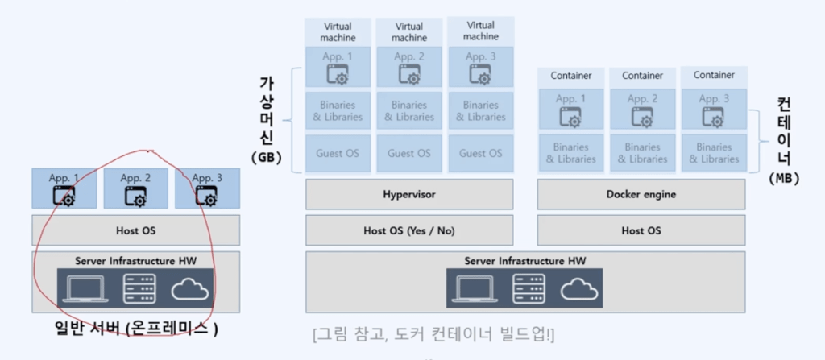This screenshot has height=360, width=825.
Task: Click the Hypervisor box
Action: pos(409,194)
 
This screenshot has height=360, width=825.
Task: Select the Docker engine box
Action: pos(641,194)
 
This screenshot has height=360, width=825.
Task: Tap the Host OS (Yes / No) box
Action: pos(409,230)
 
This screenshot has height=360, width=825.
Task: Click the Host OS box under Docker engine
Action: pos(641,230)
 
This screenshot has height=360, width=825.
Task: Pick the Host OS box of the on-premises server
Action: pos(135,230)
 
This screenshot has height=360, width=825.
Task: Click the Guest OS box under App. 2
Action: pos(409,153)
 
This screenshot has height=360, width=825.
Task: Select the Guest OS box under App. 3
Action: pos(481,153)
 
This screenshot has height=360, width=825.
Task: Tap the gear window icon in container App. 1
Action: pos(571,118)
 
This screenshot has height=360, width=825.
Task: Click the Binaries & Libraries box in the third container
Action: pos(714,153)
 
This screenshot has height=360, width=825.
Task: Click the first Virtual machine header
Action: pos(338,31)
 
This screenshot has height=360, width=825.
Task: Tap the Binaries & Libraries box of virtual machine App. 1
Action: pos(338,111)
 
